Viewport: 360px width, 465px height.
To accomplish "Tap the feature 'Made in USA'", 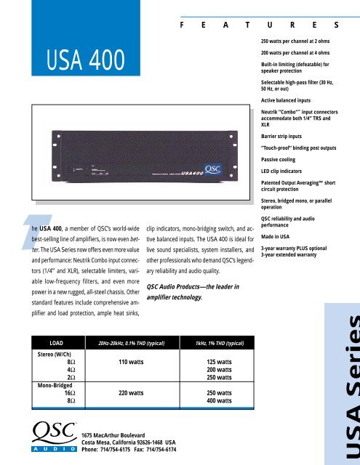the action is tap(281, 237).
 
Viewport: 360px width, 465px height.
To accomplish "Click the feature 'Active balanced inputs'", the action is tap(295, 98).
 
